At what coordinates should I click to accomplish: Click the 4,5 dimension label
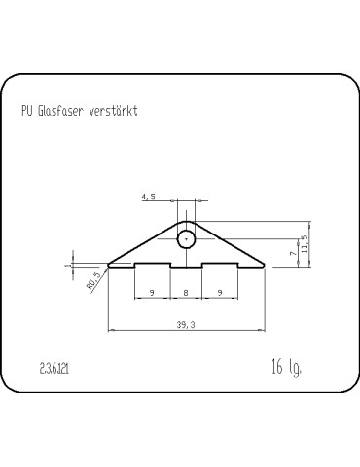coord(149,197)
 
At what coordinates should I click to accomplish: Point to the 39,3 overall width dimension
coord(184,325)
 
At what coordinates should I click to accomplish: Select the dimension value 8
coord(185,291)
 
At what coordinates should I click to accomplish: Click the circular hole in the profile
coord(185,238)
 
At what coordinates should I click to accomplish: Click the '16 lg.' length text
coord(286,368)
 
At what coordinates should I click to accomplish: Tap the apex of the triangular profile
coord(186,220)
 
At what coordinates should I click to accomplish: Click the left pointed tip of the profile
coord(108,264)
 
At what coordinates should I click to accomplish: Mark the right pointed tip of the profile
coord(263,264)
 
